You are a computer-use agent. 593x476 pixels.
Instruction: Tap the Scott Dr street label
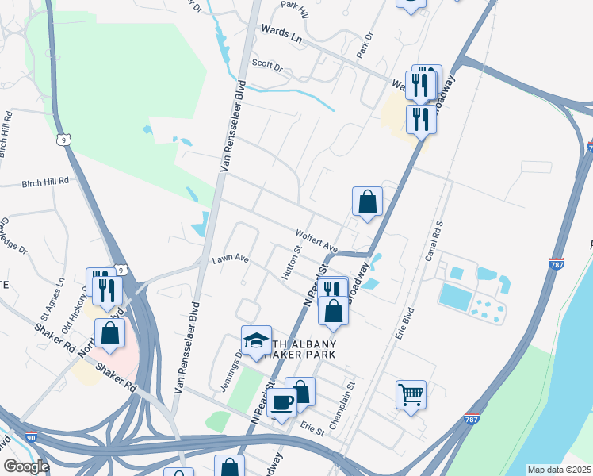click(267, 66)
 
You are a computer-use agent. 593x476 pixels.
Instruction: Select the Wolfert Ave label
click(316, 240)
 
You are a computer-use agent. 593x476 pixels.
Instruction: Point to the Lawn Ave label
click(230, 259)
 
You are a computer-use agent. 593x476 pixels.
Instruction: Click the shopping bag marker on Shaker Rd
click(109, 332)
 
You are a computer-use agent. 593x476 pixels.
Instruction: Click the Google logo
click(26, 466)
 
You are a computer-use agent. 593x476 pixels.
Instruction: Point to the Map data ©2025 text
click(558, 470)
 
